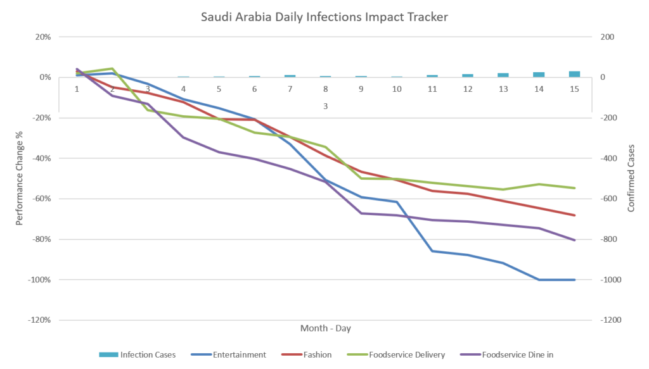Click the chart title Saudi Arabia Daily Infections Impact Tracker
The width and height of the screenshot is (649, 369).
coord(324,16)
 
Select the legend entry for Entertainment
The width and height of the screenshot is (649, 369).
coord(239,354)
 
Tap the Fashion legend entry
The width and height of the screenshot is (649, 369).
coord(317,354)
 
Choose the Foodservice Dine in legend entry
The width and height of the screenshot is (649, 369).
coord(517,354)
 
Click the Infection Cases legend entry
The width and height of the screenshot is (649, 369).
coord(148,354)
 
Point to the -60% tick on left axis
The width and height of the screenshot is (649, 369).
coord(42,199)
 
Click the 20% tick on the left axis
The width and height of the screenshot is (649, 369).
coord(43,37)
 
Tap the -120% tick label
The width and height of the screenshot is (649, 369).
coord(40,320)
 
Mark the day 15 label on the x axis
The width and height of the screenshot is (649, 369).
coord(574,89)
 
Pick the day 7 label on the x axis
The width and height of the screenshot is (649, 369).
coord(290,89)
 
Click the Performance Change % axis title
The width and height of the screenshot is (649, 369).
coord(20,178)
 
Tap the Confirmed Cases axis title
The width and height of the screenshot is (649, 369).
coord(631,178)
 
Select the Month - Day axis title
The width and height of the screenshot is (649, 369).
coord(325,328)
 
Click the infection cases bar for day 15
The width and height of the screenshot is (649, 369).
coord(574,74)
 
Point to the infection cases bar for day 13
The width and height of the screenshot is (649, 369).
coord(503,75)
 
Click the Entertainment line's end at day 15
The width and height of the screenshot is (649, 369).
coord(574,280)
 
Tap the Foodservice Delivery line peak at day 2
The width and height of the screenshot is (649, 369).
coord(112,68)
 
